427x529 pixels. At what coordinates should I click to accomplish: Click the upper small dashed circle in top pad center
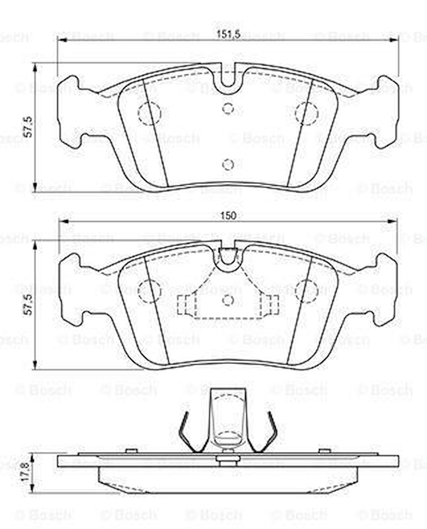(228, 108)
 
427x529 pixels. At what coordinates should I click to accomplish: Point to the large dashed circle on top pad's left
(149, 113)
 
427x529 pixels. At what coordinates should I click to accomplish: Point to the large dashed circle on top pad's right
(306, 113)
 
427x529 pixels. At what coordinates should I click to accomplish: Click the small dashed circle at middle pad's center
(228, 300)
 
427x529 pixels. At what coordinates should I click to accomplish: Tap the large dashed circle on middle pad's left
(149, 291)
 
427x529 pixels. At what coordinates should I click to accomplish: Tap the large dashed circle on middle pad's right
(306, 291)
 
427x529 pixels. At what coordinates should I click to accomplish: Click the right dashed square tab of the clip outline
(270, 304)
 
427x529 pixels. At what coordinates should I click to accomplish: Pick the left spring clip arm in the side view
(188, 433)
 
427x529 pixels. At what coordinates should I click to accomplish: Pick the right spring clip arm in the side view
(268, 433)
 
